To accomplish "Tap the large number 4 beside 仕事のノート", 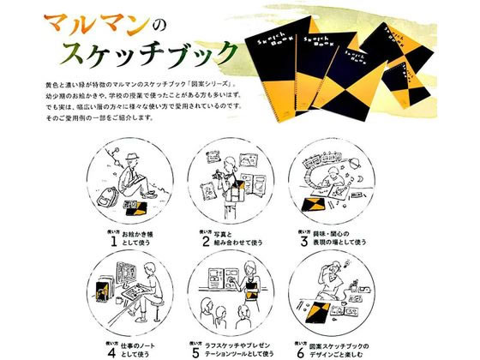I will tap(111, 348).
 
